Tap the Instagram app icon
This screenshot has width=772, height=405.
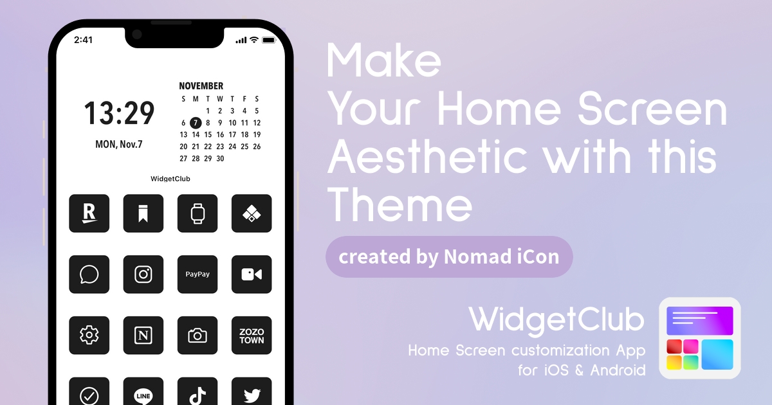coord(143,274)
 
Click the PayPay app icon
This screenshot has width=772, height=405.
coord(198,274)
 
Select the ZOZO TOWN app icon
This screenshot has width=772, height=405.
coord(252,335)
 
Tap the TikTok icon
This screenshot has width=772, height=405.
coord(198,392)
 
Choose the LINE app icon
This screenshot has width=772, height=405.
coord(143,392)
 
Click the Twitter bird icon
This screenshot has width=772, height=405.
coord(252,392)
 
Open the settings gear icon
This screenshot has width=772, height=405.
coord(89,335)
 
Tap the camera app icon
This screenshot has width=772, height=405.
coord(198,335)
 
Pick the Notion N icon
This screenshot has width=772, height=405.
coord(143,335)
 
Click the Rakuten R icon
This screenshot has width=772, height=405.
coord(89,213)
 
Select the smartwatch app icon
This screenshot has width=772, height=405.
coord(198,213)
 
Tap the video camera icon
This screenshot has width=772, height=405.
coord(252,274)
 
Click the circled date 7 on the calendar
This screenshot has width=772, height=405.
coord(196,123)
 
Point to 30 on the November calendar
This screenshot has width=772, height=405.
coord(220,158)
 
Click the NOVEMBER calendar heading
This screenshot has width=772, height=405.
coord(201,85)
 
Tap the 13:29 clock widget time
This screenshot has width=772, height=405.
coord(119,113)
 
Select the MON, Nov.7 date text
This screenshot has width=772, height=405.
coord(119,144)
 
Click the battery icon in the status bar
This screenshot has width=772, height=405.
coord(269,40)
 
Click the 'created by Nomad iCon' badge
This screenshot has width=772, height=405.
coord(449,256)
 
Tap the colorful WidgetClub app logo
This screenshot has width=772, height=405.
coord(700,338)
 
